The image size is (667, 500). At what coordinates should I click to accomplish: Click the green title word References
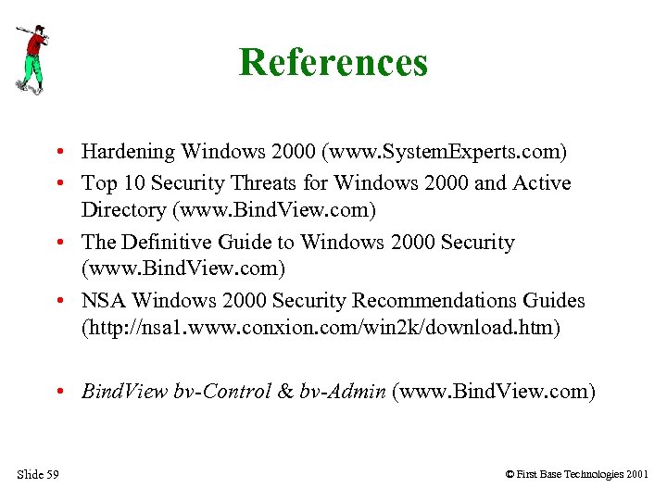point(333,63)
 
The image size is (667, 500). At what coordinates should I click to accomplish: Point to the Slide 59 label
point(38,475)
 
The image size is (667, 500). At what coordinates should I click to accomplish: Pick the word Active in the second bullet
point(541,183)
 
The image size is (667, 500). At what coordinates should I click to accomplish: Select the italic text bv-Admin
point(343,392)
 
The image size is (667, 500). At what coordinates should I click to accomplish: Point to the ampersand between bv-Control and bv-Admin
point(287,392)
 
